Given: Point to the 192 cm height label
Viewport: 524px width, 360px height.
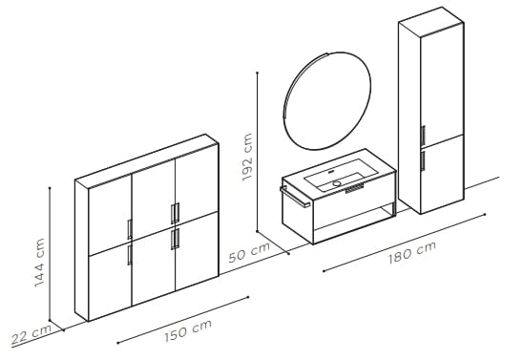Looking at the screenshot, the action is coord(247,158).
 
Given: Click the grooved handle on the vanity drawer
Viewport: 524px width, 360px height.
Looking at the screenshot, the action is coord(355,190).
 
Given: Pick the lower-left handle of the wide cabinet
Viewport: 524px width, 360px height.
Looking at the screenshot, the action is coord(128,255).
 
